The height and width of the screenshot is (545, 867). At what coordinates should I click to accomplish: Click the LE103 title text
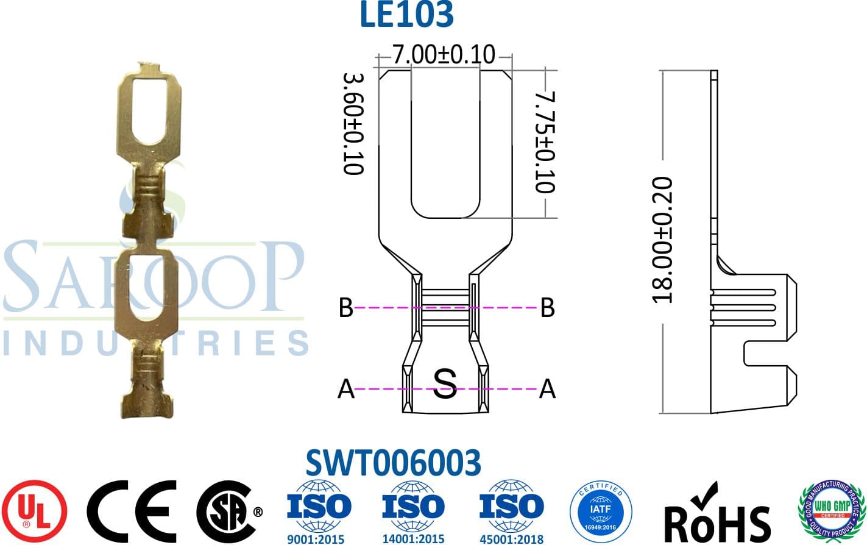[406, 15]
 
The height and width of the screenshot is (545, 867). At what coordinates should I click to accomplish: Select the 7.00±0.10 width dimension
[443, 55]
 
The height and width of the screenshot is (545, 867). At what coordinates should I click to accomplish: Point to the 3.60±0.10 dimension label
[353, 124]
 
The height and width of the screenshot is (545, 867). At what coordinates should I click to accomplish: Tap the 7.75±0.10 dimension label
[545, 141]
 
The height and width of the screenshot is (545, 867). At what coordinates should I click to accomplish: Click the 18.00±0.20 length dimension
[662, 240]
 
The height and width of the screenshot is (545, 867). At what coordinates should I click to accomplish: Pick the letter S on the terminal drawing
[445, 384]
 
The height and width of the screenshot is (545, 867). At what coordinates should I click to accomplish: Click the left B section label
[345, 308]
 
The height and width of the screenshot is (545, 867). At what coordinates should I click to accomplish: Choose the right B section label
[547, 308]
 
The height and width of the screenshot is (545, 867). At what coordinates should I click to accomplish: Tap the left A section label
[345, 388]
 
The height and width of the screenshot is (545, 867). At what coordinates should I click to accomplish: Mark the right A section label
[547, 388]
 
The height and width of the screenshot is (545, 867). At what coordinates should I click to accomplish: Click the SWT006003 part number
[393, 463]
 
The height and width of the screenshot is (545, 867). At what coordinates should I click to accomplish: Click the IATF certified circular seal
[601, 511]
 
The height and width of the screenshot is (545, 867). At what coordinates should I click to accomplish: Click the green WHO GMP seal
[832, 511]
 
